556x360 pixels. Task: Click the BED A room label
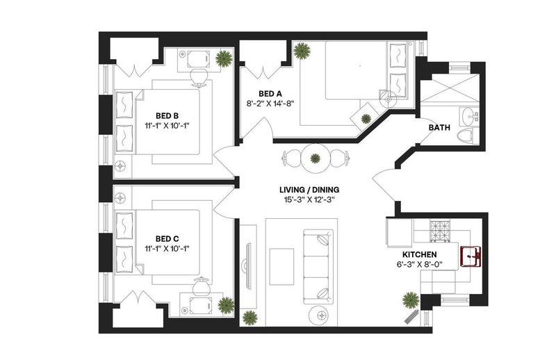pyautogui.click(x=270, y=94)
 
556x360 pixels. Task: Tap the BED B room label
pyautogui.click(x=167, y=116)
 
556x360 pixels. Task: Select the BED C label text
pyautogui.click(x=167, y=239)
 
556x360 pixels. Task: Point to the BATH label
pyautogui.click(x=439, y=128)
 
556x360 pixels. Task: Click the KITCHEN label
pyautogui.click(x=420, y=254)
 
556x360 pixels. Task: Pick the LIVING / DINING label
pyautogui.click(x=309, y=190)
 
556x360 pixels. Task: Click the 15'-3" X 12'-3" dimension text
pyautogui.click(x=309, y=199)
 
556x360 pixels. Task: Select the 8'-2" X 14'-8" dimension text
pyautogui.click(x=270, y=104)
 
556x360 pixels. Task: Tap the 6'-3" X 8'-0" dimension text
pyautogui.click(x=420, y=264)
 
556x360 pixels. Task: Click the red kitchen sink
pyautogui.click(x=471, y=256)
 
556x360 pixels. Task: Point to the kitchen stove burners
pyautogui.click(x=440, y=231)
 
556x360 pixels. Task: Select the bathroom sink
pyautogui.click(x=470, y=116)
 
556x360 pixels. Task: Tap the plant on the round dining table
pyautogui.click(x=316, y=158)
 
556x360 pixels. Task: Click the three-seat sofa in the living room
pyautogui.click(x=318, y=267)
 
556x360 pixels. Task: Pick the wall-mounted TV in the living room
pyautogui.click(x=247, y=266)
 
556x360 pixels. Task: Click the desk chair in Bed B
pyautogui.click(x=199, y=77)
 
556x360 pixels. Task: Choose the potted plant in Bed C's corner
pyautogui.click(x=226, y=305)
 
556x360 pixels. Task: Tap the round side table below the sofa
pyautogui.click(x=322, y=314)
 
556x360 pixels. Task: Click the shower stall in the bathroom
pyautogui.click(x=449, y=88)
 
